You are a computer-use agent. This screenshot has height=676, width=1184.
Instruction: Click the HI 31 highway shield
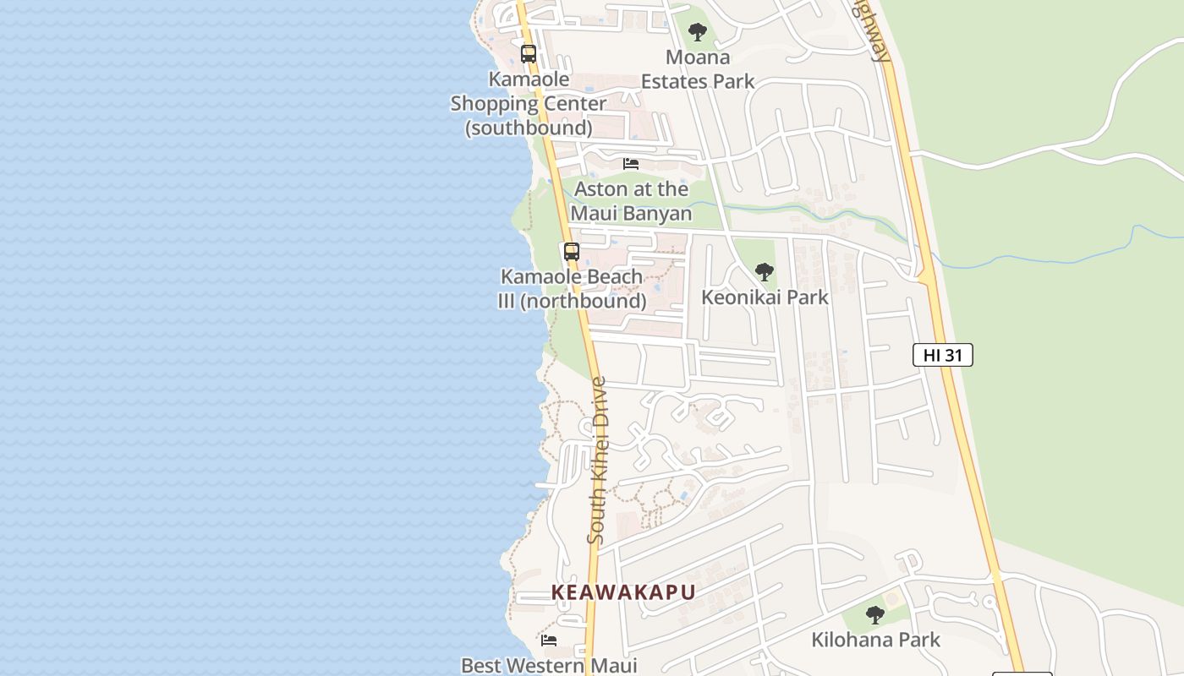pos(942,355)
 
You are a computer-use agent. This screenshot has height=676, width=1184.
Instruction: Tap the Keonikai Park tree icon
pos(764,272)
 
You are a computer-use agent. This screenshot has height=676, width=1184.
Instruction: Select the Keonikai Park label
pos(765,297)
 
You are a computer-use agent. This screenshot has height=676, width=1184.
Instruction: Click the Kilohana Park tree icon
pos(875,615)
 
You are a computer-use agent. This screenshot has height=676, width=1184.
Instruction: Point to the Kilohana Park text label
pos(875,640)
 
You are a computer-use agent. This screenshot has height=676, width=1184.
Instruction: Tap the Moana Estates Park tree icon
pos(697,33)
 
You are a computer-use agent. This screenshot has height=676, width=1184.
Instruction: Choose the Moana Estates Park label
pos(697,69)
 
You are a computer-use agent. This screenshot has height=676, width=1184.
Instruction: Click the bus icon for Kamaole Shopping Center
pos(529,54)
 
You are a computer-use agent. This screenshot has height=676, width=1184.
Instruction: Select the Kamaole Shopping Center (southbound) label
pos(529,103)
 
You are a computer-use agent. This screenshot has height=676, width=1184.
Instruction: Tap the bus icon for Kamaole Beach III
pos(572,251)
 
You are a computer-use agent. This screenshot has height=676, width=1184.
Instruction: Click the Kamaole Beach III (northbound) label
pos(572,288)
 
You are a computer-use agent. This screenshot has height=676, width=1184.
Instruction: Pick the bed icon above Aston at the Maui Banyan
pos(631,164)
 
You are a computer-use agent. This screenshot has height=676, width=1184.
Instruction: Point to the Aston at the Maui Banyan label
pos(631,201)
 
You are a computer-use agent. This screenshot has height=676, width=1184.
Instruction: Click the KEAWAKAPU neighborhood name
pos(623,592)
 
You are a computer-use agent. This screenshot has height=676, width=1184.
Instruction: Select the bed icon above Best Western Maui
pos(549,641)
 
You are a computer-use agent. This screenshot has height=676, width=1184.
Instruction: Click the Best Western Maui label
pos(549,665)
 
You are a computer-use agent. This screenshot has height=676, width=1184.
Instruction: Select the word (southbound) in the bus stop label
pos(529,128)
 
